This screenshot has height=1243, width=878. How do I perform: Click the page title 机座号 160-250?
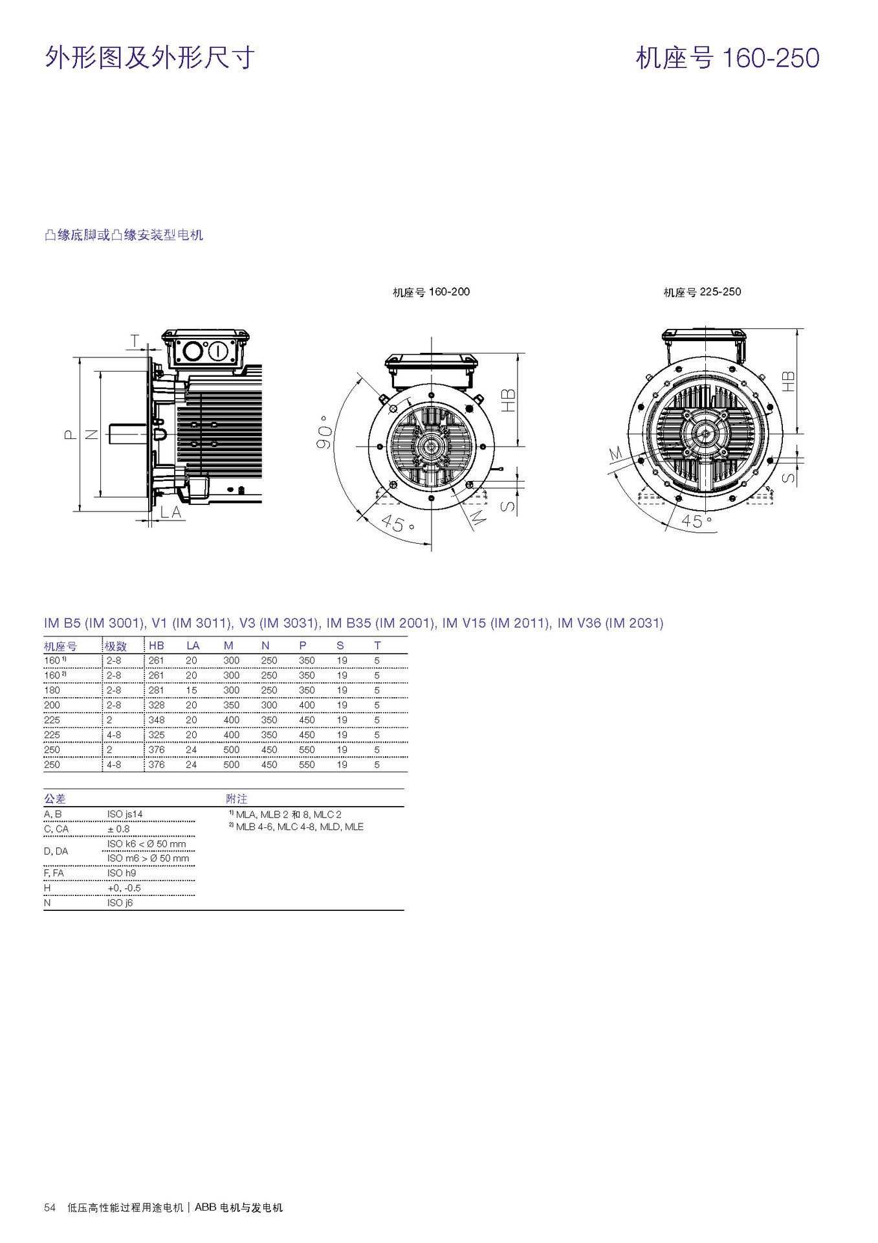(727, 58)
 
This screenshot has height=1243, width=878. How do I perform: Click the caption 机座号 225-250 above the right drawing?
(702, 292)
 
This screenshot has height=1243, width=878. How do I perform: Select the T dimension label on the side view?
(135, 340)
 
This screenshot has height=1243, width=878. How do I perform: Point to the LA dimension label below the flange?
(171, 512)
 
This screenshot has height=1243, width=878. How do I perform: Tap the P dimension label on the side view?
(71, 434)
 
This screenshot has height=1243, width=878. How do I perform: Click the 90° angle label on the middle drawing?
(325, 432)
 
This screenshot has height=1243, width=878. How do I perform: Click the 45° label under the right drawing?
(696, 521)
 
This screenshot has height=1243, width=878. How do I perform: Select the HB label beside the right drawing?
(788, 381)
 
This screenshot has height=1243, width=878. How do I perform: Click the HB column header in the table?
(156, 645)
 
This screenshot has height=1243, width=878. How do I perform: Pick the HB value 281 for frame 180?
(156, 690)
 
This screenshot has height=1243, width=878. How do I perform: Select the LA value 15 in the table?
(191, 690)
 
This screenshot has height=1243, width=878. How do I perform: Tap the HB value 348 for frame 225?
(156, 720)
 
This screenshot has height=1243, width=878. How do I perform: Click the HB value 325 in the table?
(156, 735)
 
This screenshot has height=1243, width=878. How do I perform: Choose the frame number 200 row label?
(52, 705)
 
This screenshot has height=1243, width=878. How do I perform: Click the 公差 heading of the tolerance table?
(55, 799)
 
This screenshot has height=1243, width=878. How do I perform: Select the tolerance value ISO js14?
(125, 814)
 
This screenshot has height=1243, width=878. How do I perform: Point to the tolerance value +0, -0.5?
(124, 888)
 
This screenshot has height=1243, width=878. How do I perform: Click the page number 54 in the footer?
(50, 1207)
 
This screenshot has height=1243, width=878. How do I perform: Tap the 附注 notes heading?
(237, 799)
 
